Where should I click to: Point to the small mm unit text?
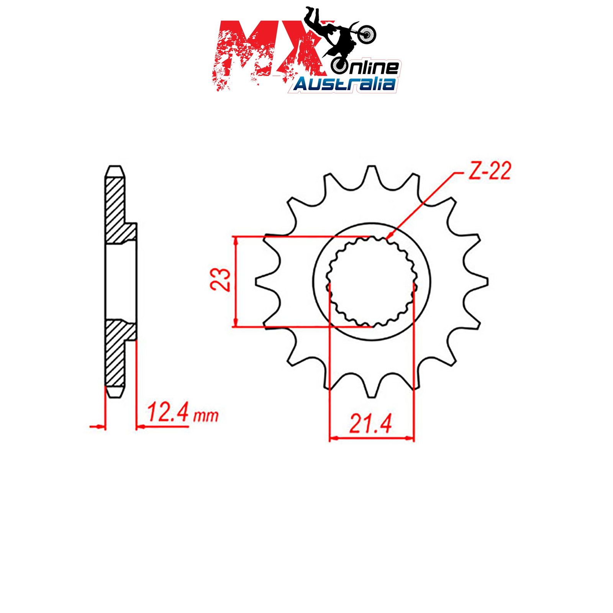[206, 416]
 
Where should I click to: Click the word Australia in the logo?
[344, 84]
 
